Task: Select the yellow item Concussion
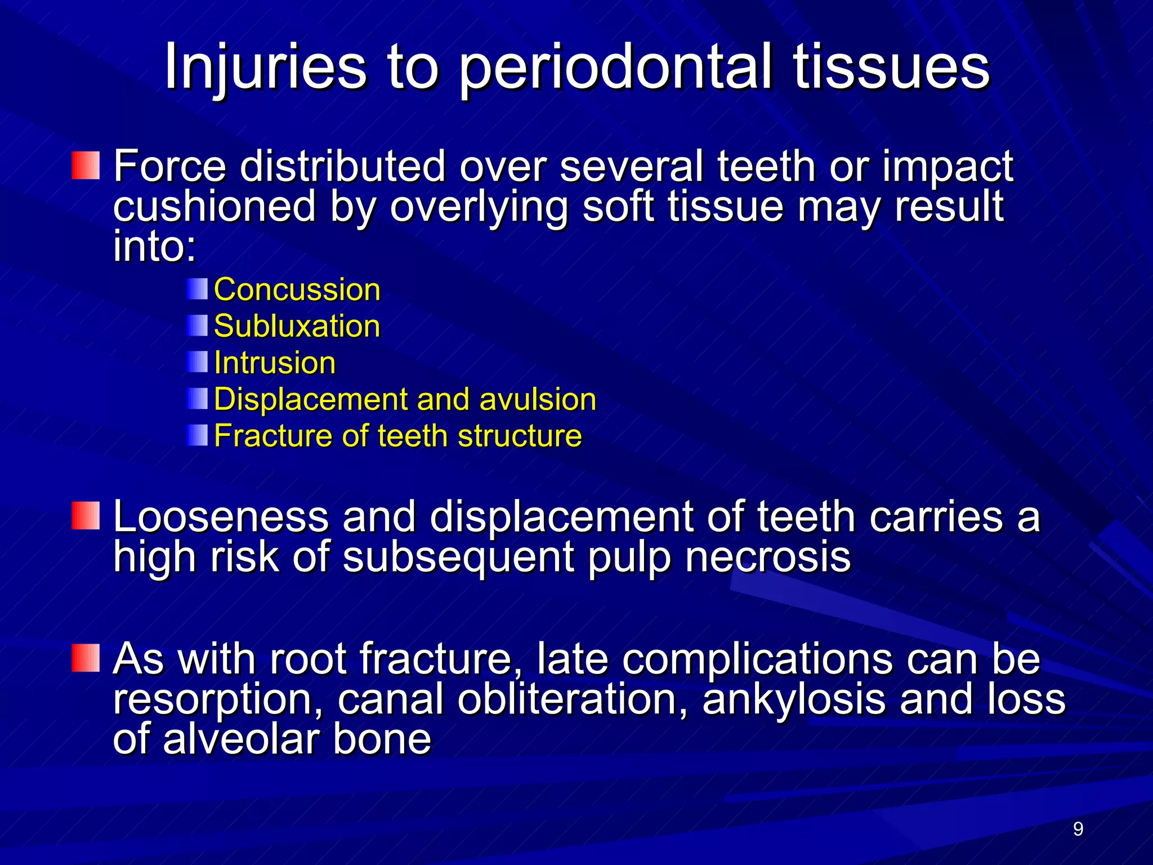coord(297,290)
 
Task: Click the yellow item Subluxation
coord(297,327)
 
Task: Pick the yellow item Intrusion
coord(275,363)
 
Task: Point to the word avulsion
coord(537,399)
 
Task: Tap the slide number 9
coord(1078,829)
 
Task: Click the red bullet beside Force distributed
coord(86,165)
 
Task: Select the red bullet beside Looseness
coord(86,516)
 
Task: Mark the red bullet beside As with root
coord(86,658)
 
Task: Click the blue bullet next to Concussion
coord(197,289)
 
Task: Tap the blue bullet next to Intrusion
coord(197,362)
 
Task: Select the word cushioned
coord(214,207)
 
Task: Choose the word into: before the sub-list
coord(154,247)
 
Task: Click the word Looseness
coord(221,517)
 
